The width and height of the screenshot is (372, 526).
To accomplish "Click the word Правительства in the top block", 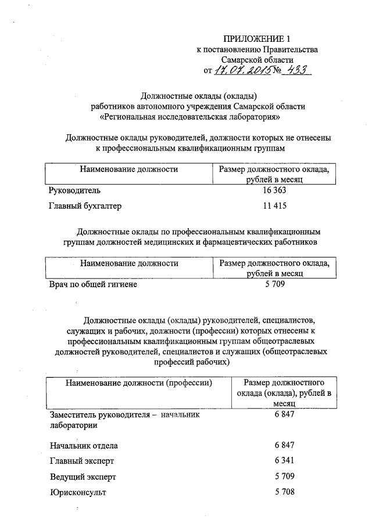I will tap(291, 50).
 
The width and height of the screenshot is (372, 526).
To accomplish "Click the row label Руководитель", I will tap(76, 191).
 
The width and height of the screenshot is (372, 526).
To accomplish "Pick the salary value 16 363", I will tap(275, 191).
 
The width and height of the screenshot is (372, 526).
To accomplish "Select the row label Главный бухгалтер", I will tap(86, 206).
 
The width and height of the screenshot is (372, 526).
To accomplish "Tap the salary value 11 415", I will tap(275, 206).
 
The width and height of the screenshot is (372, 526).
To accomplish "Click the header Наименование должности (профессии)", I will tap(138, 383).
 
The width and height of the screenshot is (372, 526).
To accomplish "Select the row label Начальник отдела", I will tap(84, 446).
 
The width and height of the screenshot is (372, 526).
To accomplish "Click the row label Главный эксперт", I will tap(82, 461).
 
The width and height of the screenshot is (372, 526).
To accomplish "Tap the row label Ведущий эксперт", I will tap(83, 477).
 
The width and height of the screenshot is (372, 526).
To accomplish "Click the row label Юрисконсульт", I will tap(79, 492).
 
